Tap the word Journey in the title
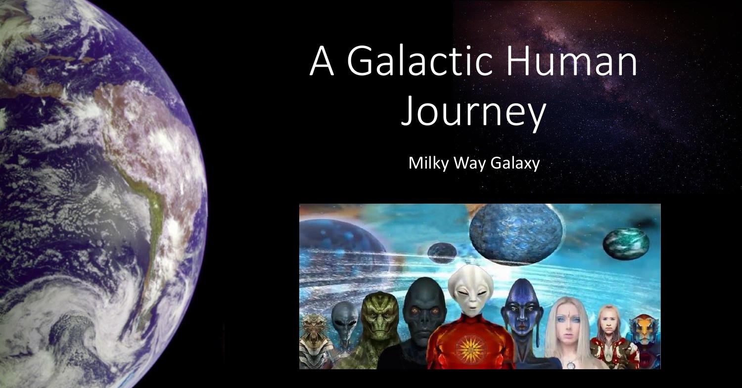pos(473,111)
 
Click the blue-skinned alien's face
pos(522,308)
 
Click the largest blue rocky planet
pos(516,234)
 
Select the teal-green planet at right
pos(626,244)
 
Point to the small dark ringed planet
pos(442,253)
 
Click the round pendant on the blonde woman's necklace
pos(570,364)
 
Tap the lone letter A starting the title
pos(322,62)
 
